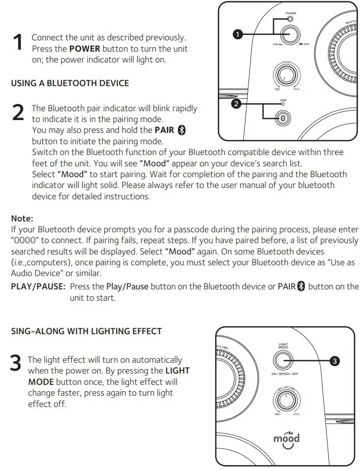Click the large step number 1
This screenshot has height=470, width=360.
coord(17,42)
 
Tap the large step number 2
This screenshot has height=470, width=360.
coord(17,113)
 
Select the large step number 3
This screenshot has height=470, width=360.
coord(16,364)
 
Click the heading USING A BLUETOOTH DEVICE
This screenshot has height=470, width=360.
coord(70,83)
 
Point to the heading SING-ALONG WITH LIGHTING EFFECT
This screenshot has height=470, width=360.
coord(86,331)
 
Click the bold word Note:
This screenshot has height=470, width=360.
coord(22,218)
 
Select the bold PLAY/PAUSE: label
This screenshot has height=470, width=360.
coord(38,286)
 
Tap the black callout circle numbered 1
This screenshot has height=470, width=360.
coord(238,34)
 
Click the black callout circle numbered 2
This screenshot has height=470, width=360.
coord(237,104)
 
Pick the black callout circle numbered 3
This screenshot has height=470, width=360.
coord(334,361)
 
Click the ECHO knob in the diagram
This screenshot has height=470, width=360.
coord(284,74)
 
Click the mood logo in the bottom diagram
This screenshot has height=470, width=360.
coord(286,439)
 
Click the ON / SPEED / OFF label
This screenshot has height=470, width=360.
coord(285,374)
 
